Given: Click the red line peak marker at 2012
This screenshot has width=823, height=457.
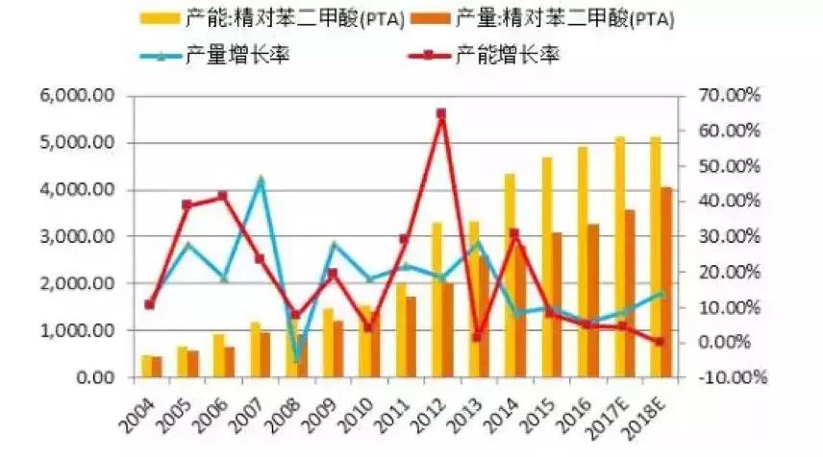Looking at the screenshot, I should pos(440,113).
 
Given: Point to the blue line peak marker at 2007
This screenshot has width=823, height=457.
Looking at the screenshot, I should pos(260,180).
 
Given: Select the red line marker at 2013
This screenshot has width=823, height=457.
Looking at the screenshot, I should pos(477,338).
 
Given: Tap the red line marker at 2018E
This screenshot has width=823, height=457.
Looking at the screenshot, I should pos(659,342).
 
